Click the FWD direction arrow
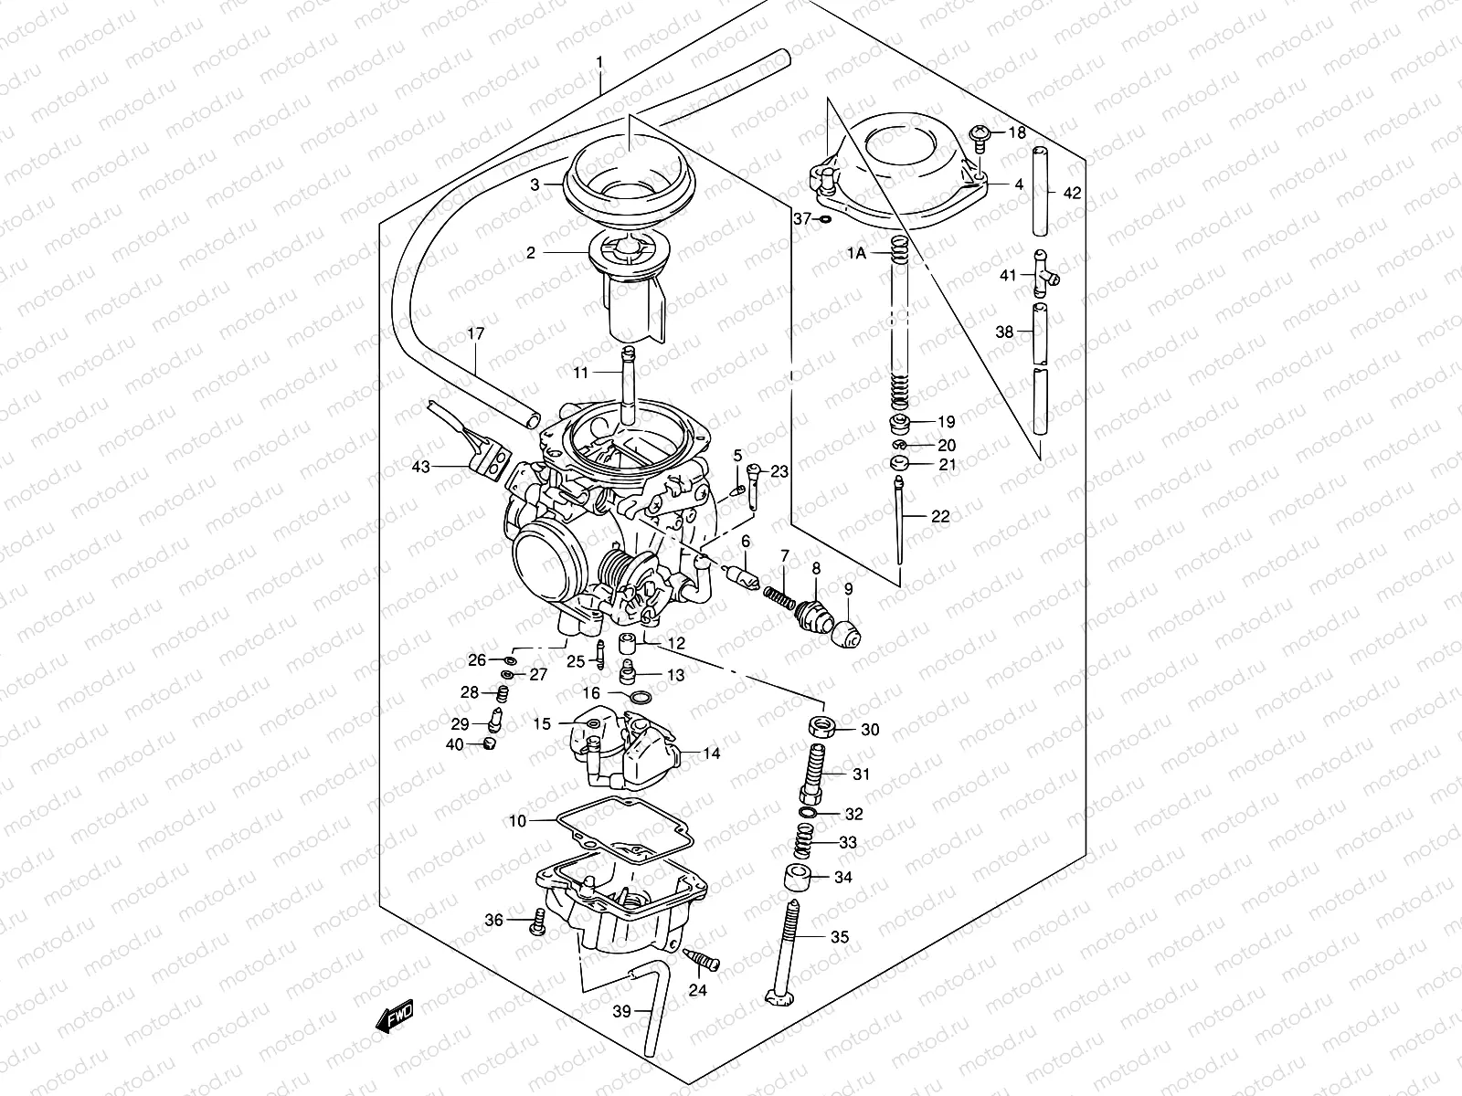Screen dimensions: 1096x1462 [395, 1015]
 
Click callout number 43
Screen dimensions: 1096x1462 [419, 467]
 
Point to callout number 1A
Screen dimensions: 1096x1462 [856, 255]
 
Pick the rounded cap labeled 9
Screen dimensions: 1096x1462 [847, 631]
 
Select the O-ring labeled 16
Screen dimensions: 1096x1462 [642, 698]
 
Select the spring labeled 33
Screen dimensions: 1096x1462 [803, 839]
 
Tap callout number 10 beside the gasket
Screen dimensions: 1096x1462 [517, 821]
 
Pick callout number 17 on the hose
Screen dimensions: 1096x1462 [476, 334]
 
